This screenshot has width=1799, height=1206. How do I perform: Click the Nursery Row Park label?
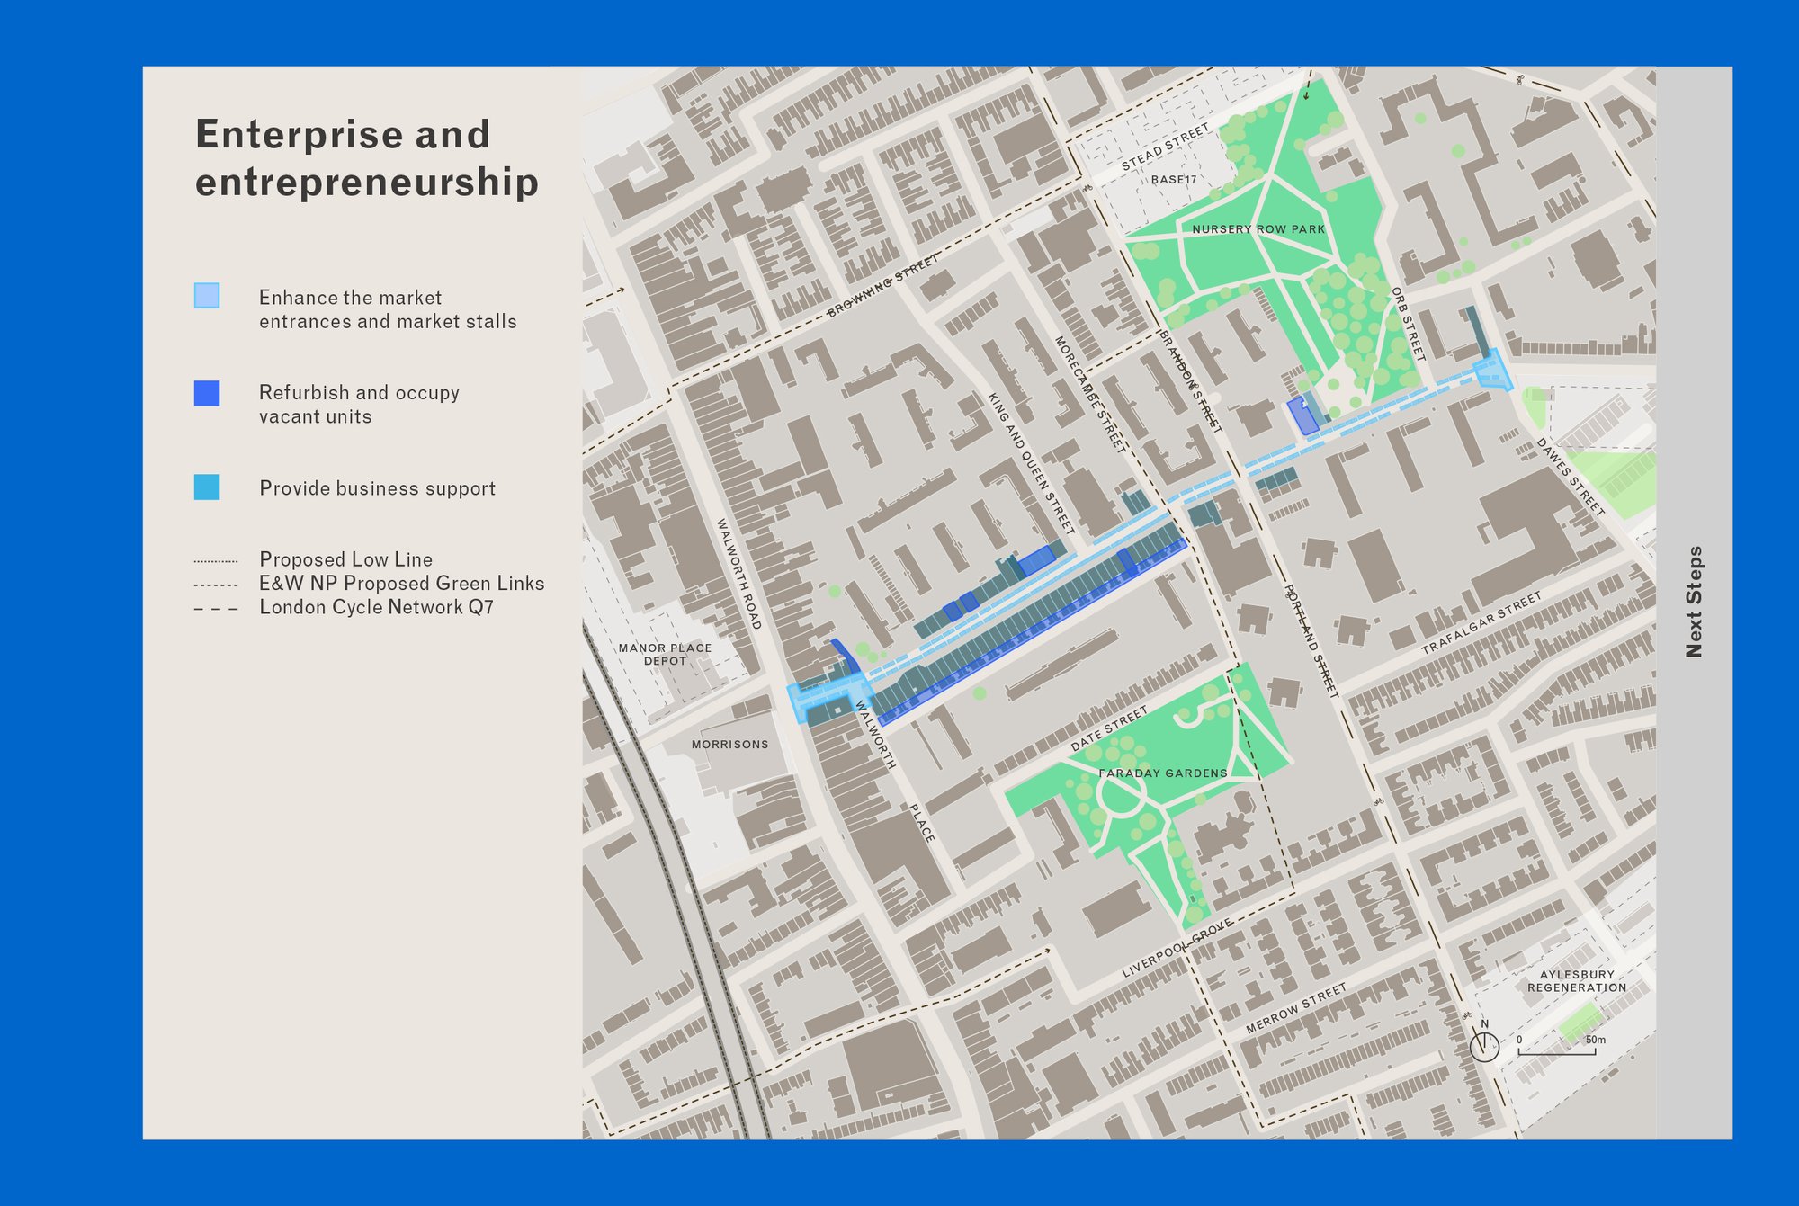[1258, 229]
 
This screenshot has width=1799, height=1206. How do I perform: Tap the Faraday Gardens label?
[1162, 773]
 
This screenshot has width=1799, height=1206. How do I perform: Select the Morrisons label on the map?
[729, 745]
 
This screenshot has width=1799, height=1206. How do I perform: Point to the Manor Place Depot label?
[665, 654]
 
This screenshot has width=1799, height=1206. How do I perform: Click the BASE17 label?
[1174, 180]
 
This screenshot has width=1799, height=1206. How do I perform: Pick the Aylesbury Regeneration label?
[1577, 981]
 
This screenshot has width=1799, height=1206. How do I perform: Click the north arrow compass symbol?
[1484, 1046]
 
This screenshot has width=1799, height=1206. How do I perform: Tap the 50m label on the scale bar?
[1595, 1041]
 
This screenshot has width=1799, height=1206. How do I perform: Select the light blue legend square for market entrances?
[207, 296]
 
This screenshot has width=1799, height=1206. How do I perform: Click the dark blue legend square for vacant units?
[207, 393]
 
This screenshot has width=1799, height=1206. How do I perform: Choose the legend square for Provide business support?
[207, 487]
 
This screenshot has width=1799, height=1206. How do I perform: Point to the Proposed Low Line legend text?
[345, 559]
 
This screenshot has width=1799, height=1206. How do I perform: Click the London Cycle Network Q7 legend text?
[376, 607]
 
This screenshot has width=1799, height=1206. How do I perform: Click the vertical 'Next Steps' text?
[1694, 602]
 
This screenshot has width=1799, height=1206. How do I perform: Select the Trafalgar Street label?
[1481, 622]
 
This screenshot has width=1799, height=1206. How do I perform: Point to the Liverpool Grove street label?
[1177, 950]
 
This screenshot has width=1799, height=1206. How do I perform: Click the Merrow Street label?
[1296, 1008]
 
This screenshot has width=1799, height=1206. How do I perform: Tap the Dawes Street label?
[1570, 477]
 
